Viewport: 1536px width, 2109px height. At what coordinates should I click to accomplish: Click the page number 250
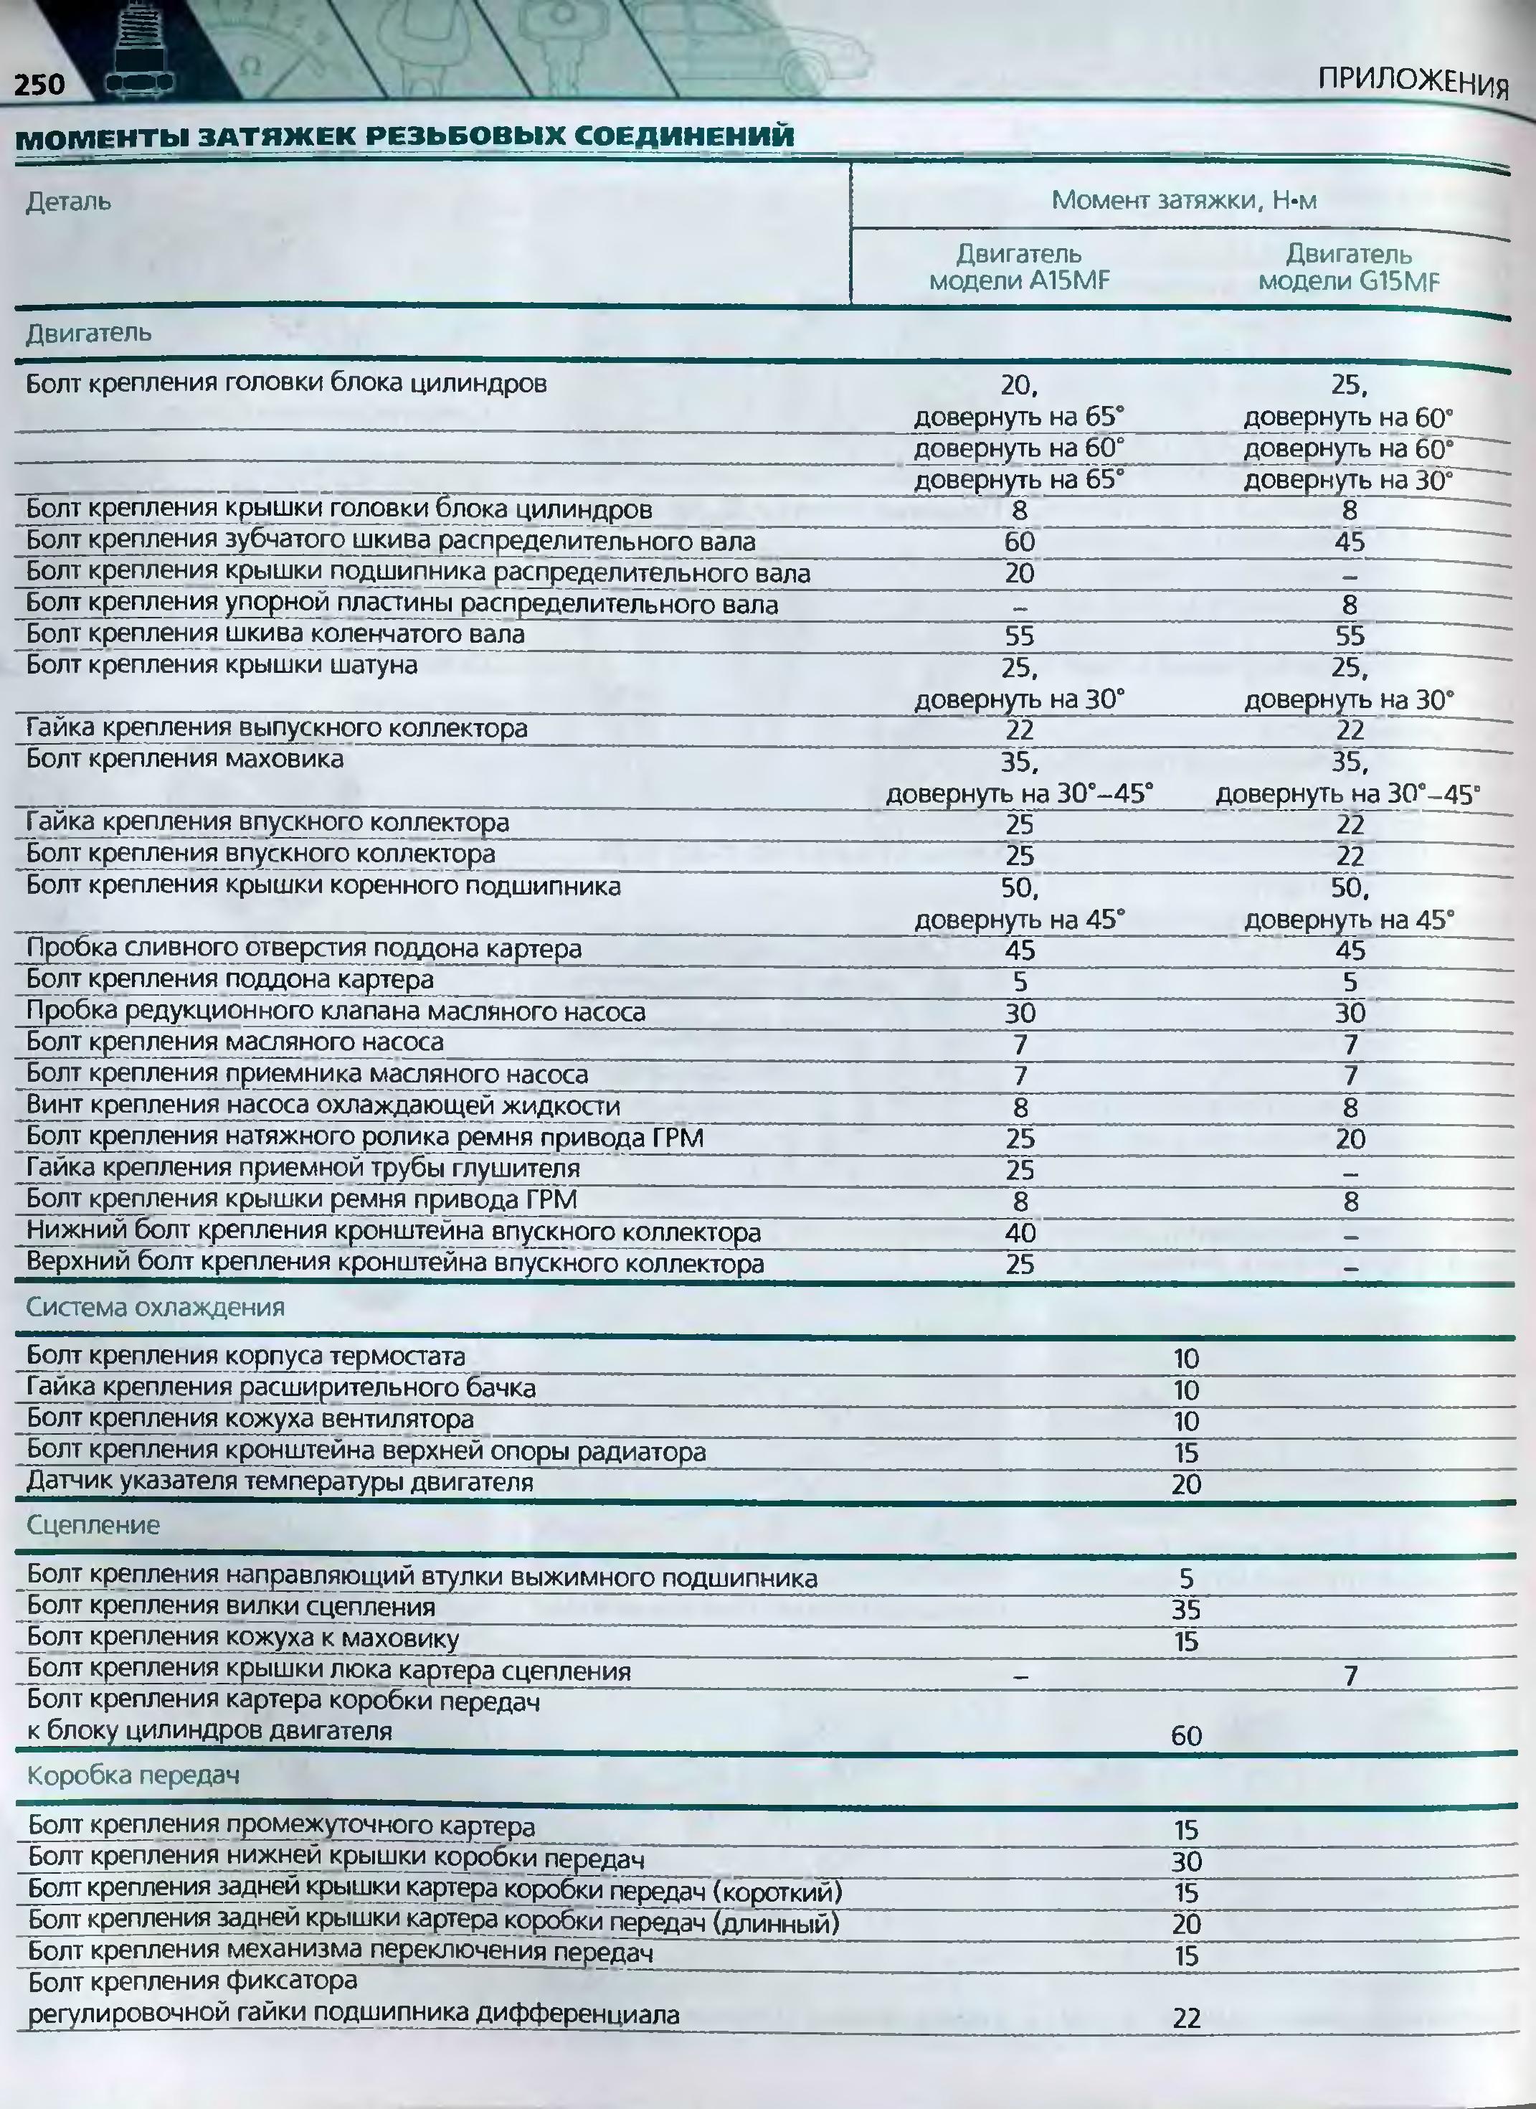(39, 85)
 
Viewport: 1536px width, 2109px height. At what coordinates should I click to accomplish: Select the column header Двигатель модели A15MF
(1019, 267)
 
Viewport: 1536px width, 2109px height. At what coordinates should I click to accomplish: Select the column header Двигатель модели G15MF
(1348, 268)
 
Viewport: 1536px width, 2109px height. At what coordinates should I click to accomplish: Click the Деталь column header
(68, 202)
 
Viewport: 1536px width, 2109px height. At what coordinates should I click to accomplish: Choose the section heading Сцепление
(93, 1525)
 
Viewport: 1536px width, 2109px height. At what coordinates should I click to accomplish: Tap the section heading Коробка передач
(133, 1775)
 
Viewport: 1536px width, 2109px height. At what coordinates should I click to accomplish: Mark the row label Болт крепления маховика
(184, 759)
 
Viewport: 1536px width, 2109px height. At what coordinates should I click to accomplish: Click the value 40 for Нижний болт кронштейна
(1020, 1233)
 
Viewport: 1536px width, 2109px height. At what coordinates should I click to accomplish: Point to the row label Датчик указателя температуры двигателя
(279, 1482)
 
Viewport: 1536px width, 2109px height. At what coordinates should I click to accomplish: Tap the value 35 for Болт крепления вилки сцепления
(1186, 1610)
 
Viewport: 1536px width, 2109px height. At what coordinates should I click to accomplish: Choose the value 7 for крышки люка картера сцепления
(1350, 1676)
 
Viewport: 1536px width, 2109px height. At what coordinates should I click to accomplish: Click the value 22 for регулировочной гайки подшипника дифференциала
(1186, 2018)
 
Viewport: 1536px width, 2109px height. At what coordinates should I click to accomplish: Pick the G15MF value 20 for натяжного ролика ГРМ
(1350, 1139)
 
